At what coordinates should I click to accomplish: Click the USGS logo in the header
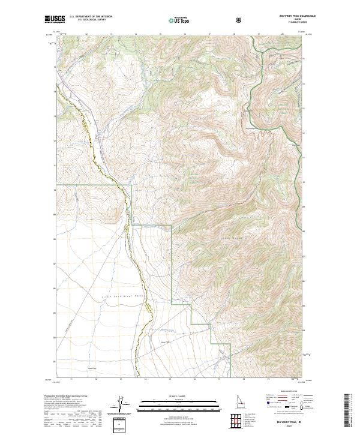[x=54, y=19]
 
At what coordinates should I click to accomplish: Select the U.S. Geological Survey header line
[x=89, y=20]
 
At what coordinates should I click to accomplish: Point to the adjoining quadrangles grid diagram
[x=239, y=421]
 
